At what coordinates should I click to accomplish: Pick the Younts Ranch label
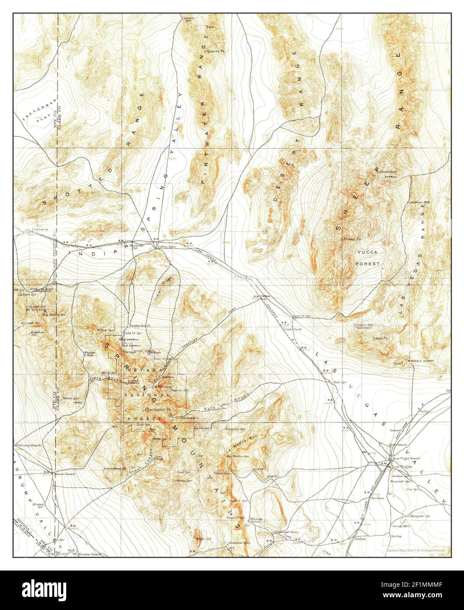(90, 554)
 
